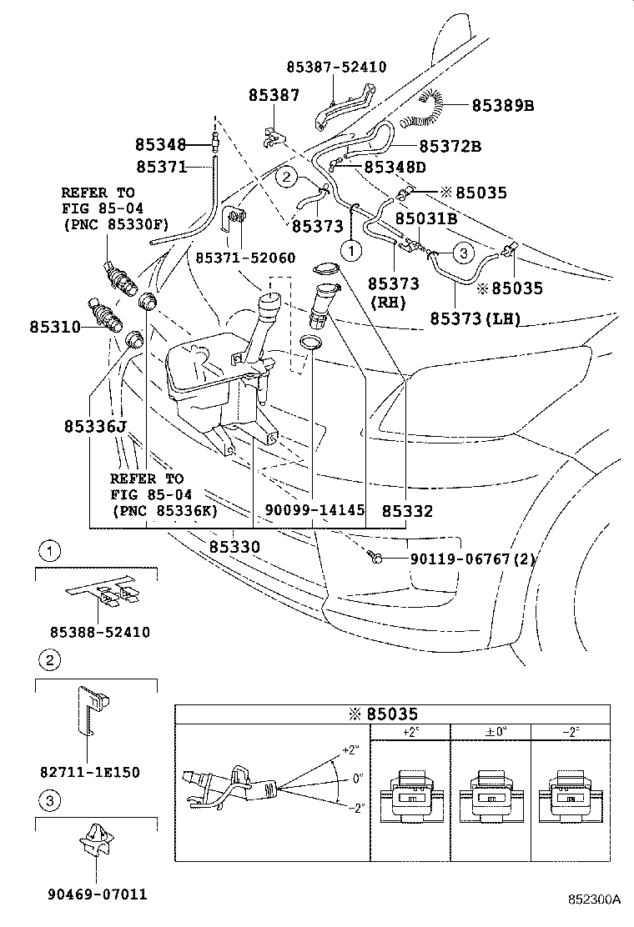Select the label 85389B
tap(502, 105)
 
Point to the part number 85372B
tap(450, 147)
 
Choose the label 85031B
tap(425, 218)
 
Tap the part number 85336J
tap(93, 427)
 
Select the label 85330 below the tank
tap(234, 547)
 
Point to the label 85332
tap(408, 509)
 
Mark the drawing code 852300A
tap(595, 899)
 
